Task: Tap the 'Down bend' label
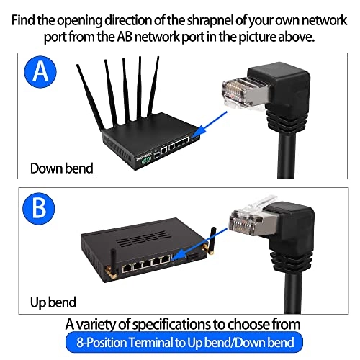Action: click(60, 168)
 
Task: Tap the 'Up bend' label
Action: click(53, 301)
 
